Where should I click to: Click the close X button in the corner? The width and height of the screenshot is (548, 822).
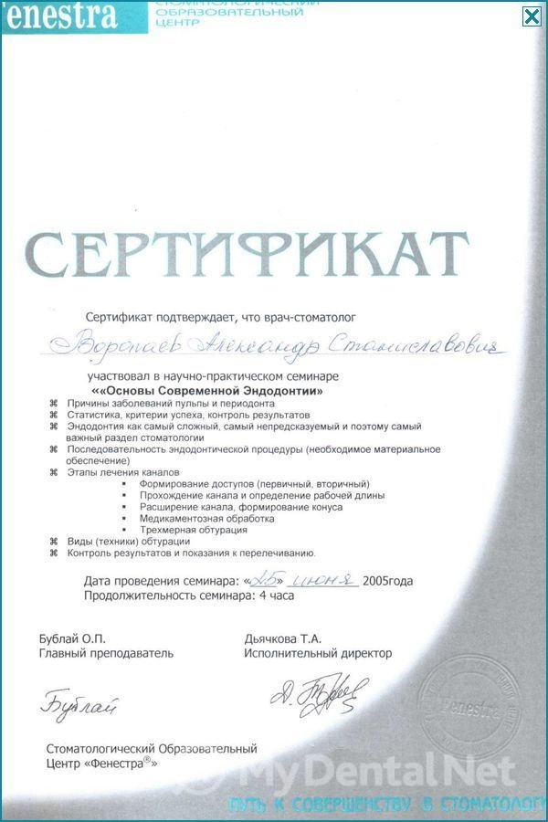click(532, 16)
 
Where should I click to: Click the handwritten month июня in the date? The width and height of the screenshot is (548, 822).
click(322, 580)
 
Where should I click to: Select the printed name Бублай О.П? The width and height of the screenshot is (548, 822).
click(65, 638)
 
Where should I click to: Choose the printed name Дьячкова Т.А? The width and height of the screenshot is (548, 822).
click(283, 638)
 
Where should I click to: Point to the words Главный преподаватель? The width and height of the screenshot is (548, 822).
click(106, 654)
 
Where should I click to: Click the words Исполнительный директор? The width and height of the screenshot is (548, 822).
click(318, 654)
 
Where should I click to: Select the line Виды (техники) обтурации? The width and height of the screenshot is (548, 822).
click(129, 542)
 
